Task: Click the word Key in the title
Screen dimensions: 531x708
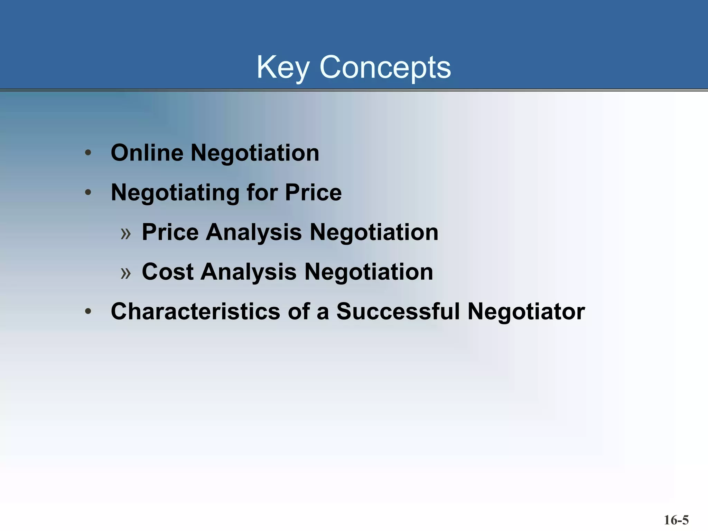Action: [x=282, y=67]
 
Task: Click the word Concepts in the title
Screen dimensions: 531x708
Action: [x=385, y=67]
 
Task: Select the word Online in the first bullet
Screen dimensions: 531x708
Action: [x=147, y=153]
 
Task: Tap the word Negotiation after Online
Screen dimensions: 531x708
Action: [x=255, y=153]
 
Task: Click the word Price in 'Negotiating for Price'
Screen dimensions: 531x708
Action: [x=313, y=193]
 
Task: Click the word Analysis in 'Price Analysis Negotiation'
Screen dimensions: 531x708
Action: [x=254, y=232]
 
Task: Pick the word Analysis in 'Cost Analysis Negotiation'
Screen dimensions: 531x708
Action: [x=249, y=272]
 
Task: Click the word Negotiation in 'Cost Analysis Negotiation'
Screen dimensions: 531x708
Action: [x=369, y=272]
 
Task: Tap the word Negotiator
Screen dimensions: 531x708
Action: [x=526, y=311]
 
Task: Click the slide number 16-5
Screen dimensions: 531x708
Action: [x=676, y=520]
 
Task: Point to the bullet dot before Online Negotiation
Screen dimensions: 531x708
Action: [x=88, y=152]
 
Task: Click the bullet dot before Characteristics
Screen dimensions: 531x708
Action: [x=88, y=311]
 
